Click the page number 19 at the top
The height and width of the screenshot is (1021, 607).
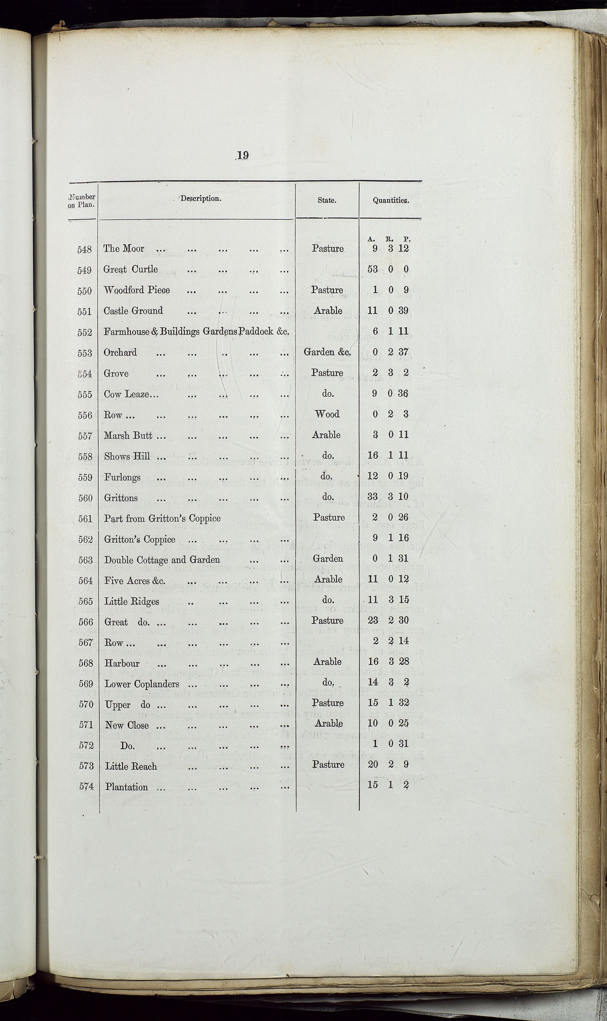[x=243, y=155]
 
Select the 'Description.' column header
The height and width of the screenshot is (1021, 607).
[x=201, y=199]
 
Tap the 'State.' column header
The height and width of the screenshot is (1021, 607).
[x=327, y=200]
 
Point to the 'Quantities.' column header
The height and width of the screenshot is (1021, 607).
[x=390, y=200]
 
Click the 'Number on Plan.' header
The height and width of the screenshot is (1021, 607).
[x=82, y=201]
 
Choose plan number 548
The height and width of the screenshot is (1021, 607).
[x=85, y=249]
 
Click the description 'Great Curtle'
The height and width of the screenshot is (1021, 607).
[x=130, y=269]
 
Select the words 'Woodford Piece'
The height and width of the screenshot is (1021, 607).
[x=137, y=290]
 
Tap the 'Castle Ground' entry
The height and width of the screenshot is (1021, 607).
[x=133, y=311]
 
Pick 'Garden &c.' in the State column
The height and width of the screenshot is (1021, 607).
[x=327, y=352]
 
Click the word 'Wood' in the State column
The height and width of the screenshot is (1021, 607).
[x=327, y=414]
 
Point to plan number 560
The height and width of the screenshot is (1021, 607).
[x=85, y=498]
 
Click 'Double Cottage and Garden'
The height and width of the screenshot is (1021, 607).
[x=162, y=560]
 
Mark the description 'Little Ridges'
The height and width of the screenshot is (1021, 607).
[x=131, y=602]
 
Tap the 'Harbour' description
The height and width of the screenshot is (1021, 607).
[x=122, y=663]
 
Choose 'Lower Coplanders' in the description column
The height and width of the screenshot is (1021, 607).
[x=142, y=684]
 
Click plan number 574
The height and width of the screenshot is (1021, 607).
[x=86, y=787]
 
